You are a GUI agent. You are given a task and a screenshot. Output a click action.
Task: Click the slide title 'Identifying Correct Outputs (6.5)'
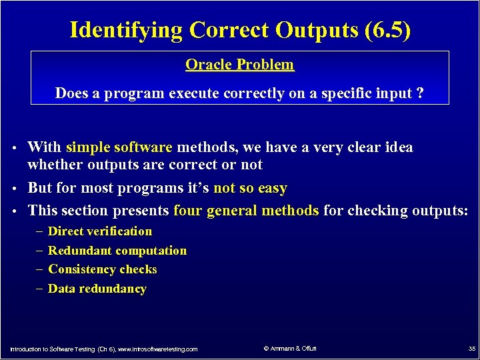[240, 30]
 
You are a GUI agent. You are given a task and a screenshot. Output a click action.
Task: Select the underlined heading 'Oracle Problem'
[239, 65]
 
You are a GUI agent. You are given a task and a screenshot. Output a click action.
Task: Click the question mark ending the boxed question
[419, 93]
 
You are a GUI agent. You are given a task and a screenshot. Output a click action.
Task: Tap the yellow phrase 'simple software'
[119, 147]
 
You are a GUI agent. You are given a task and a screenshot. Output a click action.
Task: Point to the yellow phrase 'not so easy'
[250, 189]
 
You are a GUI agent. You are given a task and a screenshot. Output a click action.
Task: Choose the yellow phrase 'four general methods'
[246, 211]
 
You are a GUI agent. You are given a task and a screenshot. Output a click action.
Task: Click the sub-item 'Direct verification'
[100, 231]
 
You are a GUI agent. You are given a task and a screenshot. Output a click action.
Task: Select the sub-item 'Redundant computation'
[117, 251]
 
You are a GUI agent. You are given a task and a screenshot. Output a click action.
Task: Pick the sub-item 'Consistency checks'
[103, 269]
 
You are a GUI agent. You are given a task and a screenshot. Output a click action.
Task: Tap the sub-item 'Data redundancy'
[97, 289]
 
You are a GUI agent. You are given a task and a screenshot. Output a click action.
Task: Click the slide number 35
[472, 349]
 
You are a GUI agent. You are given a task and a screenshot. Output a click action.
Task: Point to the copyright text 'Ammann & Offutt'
[293, 348]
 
